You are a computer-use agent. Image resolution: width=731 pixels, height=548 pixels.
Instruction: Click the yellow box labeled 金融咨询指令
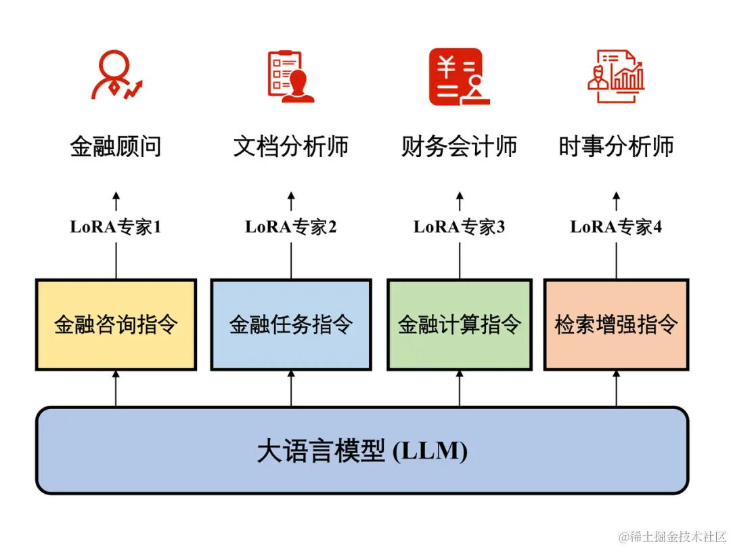(116, 324)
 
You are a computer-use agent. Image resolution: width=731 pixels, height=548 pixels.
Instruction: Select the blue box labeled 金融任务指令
(291, 324)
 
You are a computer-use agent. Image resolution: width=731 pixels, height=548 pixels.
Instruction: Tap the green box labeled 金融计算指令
(460, 324)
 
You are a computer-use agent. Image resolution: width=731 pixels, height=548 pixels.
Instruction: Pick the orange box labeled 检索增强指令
(616, 324)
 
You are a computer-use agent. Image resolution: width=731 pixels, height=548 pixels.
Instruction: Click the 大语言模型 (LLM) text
(362, 451)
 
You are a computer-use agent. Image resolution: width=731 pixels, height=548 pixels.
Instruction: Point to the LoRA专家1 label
(116, 227)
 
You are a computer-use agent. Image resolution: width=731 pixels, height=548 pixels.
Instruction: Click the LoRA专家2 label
(291, 227)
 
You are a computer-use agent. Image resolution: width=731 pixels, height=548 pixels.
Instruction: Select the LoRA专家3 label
(460, 227)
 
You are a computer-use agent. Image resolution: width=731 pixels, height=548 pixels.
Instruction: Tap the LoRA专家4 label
(616, 227)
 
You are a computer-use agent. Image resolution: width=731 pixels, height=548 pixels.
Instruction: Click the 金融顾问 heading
(116, 146)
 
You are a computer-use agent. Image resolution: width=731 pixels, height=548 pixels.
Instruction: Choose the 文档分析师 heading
(291, 146)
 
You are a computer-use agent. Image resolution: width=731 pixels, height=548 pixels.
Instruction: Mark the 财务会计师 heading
(460, 146)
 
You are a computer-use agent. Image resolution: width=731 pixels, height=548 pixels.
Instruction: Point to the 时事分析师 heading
(616, 146)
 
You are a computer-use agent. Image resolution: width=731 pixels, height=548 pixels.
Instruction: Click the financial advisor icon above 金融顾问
(116, 76)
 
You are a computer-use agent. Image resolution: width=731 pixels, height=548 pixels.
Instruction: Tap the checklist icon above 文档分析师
(291, 76)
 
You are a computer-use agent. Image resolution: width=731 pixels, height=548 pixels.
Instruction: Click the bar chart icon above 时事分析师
(616, 76)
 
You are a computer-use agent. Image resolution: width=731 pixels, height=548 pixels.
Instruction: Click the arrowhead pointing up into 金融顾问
(116, 196)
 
